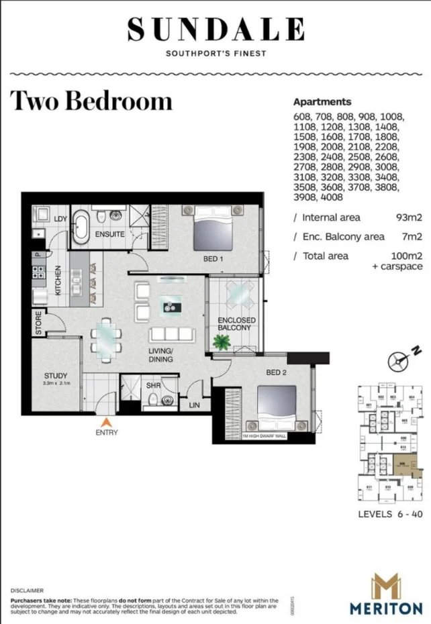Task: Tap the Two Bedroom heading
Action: click(91, 101)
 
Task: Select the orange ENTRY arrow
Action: click(105, 422)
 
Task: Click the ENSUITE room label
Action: click(109, 234)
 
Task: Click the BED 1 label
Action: click(214, 258)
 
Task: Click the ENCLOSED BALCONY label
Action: click(234, 323)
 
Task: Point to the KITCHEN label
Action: click(58, 280)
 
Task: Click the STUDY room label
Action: click(54, 376)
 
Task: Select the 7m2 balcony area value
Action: click(412, 236)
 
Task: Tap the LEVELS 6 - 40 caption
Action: click(391, 514)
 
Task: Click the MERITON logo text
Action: click(385, 608)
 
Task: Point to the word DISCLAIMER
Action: click(27, 590)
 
